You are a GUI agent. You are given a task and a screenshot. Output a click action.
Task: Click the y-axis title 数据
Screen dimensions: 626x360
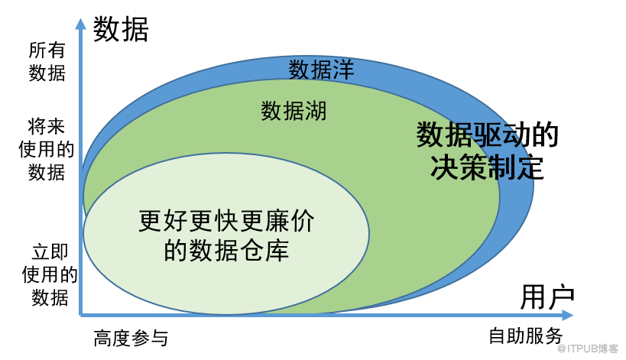click(x=121, y=29)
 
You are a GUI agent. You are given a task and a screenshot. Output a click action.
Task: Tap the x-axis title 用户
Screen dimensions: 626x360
click(x=547, y=297)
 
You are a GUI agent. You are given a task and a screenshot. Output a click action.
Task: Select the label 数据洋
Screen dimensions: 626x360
click(x=321, y=70)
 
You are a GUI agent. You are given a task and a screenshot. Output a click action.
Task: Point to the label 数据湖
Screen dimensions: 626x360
click(x=294, y=111)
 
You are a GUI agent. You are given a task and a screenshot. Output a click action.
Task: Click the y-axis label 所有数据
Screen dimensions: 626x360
click(x=47, y=62)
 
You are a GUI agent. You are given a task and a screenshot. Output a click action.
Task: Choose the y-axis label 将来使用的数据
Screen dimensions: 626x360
click(x=47, y=149)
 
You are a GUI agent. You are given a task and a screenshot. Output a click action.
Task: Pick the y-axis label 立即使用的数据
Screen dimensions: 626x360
click(x=50, y=274)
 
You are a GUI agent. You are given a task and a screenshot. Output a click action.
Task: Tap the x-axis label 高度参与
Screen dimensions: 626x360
click(x=131, y=338)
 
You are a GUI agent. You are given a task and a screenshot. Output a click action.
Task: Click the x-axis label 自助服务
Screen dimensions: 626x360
click(x=526, y=336)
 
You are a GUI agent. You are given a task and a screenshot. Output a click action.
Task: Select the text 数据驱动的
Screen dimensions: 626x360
click(x=487, y=135)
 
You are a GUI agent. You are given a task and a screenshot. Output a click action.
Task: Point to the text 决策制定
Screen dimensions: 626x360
click(x=487, y=167)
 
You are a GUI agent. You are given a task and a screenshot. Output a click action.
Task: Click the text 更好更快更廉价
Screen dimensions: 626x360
click(x=226, y=221)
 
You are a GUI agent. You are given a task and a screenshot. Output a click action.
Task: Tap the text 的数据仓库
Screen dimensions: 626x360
click(x=226, y=250)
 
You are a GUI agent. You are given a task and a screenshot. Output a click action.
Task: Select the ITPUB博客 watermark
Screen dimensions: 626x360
click(x=588, y=349)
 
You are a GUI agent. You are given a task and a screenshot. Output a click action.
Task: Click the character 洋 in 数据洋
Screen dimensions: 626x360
click(x=344, y=70)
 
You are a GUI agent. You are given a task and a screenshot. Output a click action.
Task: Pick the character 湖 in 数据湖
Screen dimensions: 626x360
click(x=316, y=111)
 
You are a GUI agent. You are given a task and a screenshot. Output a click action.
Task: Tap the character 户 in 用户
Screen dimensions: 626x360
click(x=561, y=297)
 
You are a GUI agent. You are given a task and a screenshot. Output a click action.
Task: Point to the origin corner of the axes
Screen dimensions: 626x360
click(x=81, y=316)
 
